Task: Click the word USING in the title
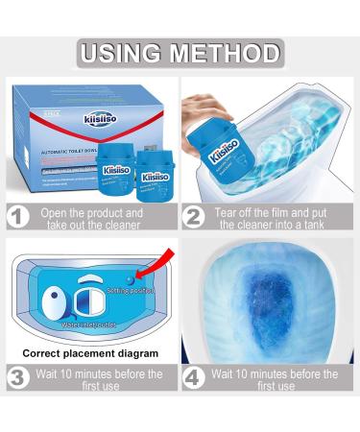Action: pos(126,51)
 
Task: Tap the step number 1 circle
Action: pos(17,219)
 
